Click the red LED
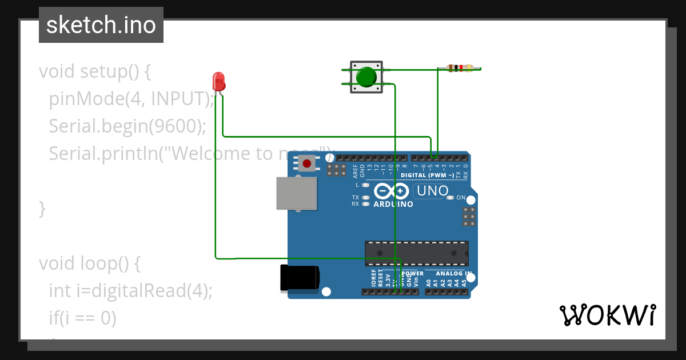[218, 82]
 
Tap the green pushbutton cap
[366, 77]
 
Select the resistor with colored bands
[460, 69]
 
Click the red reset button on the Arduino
[307, 164]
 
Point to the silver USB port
[296, 193]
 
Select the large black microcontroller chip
[416, 253]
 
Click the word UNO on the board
[432, 191]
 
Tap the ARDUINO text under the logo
[393, 204]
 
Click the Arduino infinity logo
[392, 191]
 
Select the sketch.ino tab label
[101, 25]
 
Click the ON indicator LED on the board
[450, 198]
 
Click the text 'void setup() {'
[94, 71]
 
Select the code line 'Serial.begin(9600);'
[127, 126]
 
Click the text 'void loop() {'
[89, 263]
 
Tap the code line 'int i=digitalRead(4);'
[130, 291]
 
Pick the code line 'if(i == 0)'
[82, 318]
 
